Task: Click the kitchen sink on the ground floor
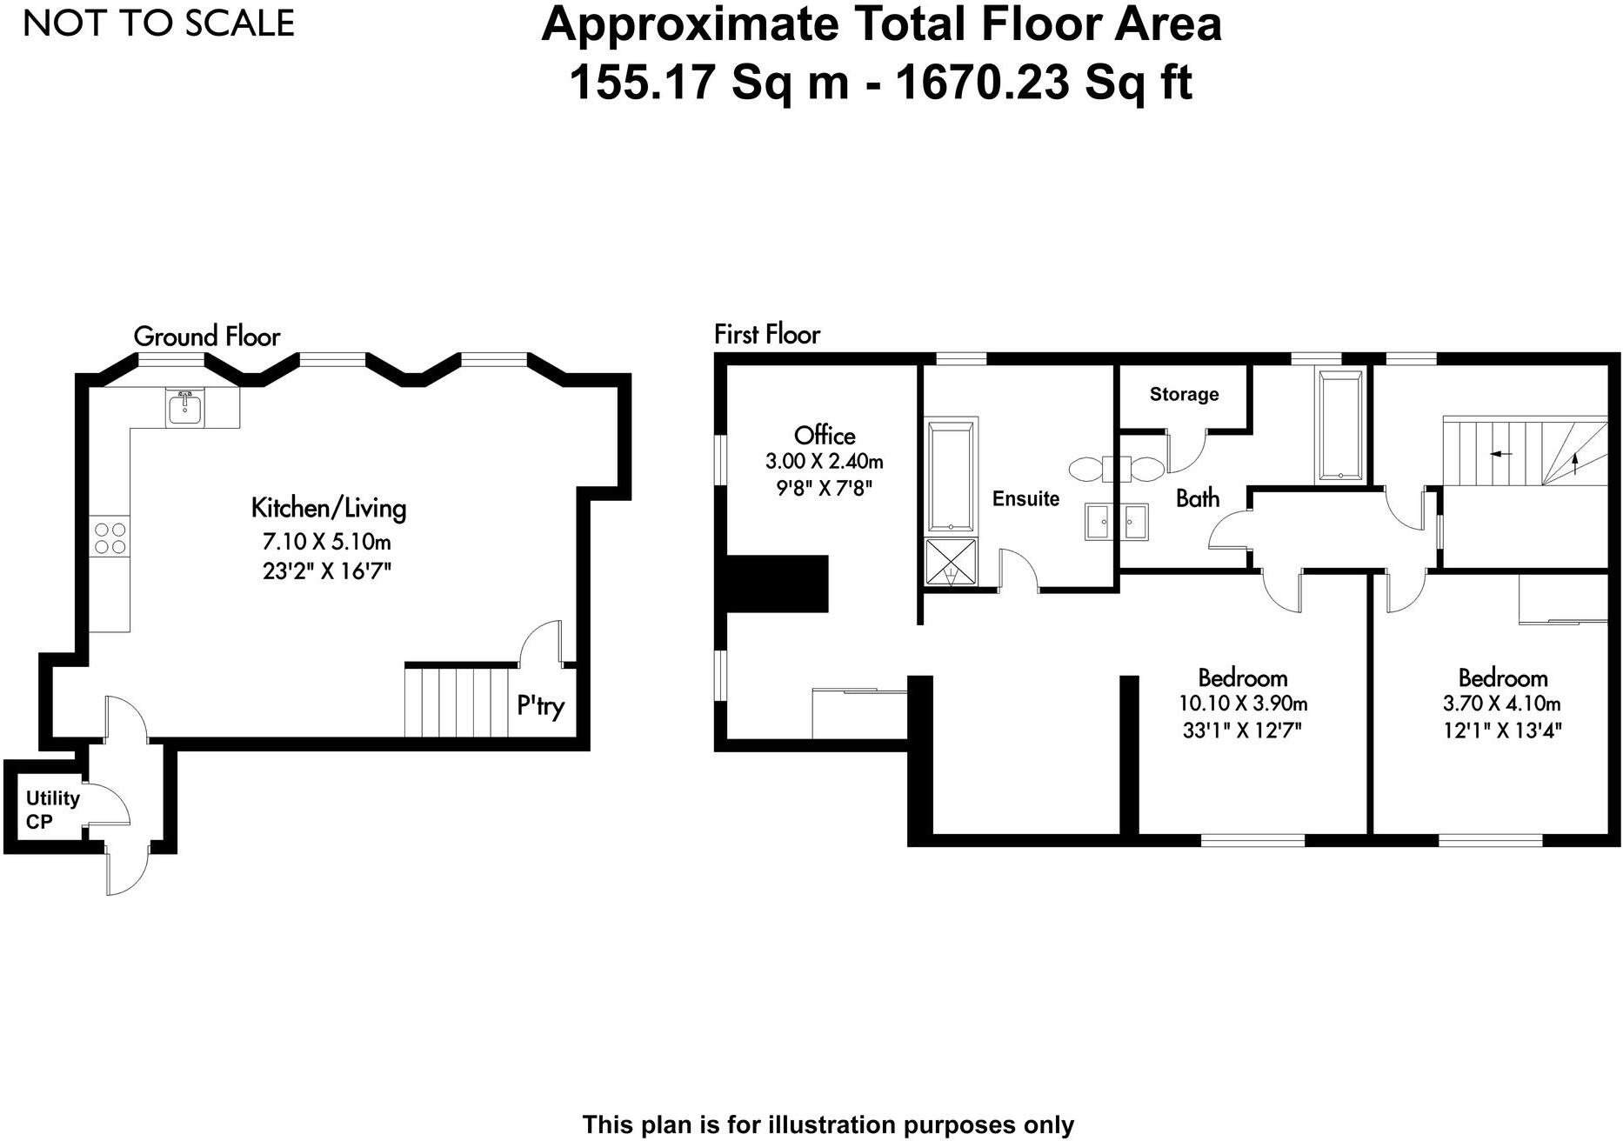pos(184,407)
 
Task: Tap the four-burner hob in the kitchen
pos(110,537)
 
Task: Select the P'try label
pos(540,705)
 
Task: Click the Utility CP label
pos(52,810)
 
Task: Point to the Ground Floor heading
pos(207,337)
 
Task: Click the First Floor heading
pos(767,334)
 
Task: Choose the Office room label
pos(825,436)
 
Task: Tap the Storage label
pos(1184,395)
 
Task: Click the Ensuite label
pos(1025,498)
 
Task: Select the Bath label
pos(1198,498)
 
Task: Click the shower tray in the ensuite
pos(951,563)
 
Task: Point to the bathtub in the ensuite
pos(951,476)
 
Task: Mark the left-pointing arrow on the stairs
pos(1500,454)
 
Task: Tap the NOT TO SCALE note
pos(159,23)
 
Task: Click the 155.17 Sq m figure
pos(709,83)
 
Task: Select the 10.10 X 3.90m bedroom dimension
pos(1243,704)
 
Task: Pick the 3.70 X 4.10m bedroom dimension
pos(1502,704)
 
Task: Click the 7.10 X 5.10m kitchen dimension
pos(327,542)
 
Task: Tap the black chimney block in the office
pos(777,584)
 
